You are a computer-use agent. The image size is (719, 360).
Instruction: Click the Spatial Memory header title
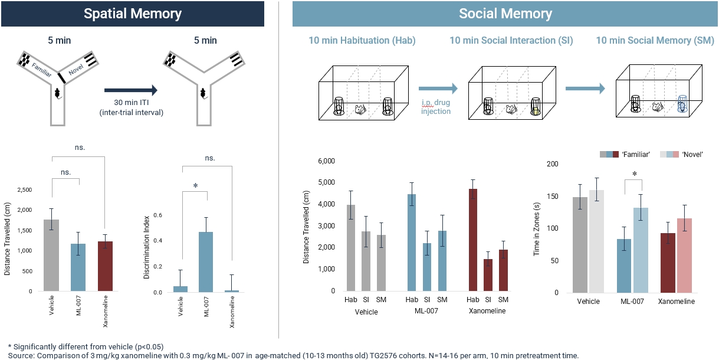pos(133,14)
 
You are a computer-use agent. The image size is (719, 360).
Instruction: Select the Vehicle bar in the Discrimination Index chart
pos(180,289)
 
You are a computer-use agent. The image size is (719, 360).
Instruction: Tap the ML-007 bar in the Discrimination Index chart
pos(206,262)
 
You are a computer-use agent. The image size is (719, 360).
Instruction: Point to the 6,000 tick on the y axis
pos(326,161)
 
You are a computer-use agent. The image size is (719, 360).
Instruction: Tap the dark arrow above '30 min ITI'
pos(131,90)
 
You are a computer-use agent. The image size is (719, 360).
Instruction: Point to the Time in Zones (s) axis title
pos(537,227)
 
